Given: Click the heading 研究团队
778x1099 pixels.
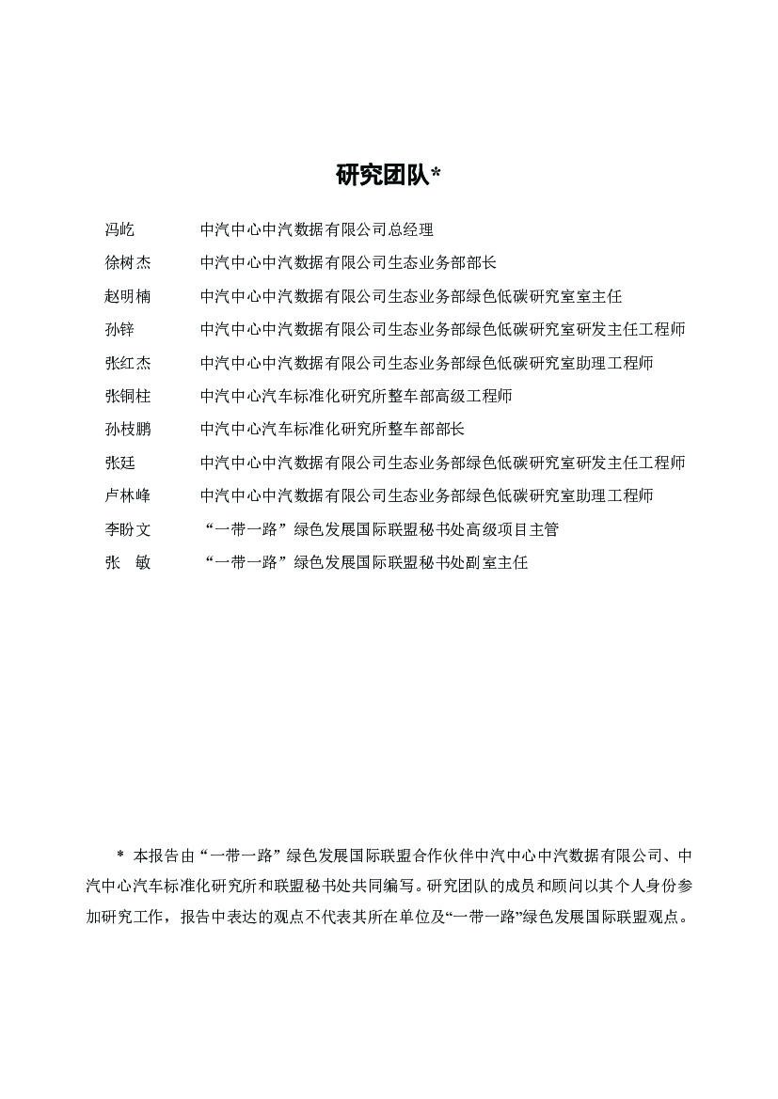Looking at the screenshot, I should click(382, 175).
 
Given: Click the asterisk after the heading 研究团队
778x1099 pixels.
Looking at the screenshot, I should click(436, 174).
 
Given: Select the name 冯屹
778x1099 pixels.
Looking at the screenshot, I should click(119, 229).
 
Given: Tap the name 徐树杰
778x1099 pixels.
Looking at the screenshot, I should click(127, 262).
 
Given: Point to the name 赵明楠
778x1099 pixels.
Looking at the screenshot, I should click(127, 296).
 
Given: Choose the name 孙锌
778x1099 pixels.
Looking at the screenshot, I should click(119, 329).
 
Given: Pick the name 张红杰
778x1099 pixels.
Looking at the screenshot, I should click(127, 363).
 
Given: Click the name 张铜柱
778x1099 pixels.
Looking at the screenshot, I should click(127, 396).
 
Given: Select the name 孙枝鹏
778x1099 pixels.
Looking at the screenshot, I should click(127, 430).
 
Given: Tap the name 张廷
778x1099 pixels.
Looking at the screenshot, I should click(119, 463).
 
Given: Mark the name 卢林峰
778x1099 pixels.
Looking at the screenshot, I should click(127, 495).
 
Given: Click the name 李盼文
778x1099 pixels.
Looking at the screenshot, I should click(127, 529).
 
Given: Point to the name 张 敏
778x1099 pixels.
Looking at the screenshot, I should click(127, 563).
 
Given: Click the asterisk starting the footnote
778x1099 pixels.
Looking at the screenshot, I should click(120, 856).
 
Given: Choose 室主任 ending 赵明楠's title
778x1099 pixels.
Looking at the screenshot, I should click(599, 296).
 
